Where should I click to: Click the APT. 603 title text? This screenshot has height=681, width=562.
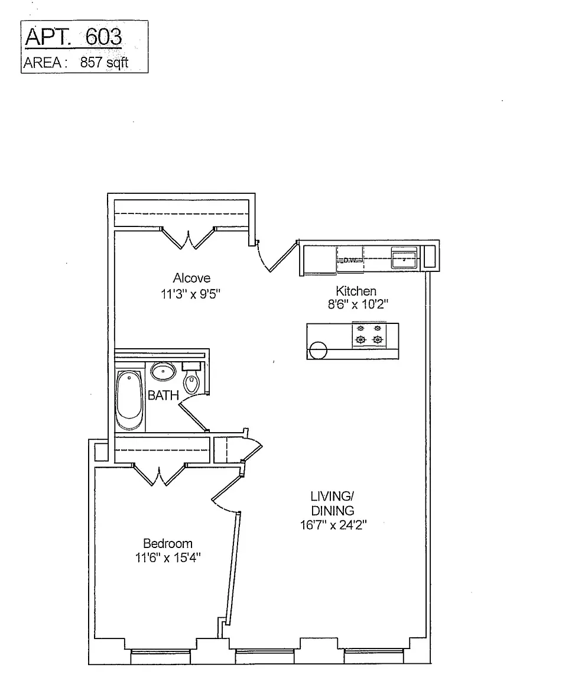73,37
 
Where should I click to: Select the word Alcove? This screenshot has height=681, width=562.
191,278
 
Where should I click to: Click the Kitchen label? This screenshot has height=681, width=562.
356,291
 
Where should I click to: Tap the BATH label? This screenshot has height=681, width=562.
163,395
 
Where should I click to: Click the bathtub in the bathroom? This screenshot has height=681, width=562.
129,401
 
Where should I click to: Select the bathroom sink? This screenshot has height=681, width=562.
163,372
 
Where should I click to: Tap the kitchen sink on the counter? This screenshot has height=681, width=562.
405,258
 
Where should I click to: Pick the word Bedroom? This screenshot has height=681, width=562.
168,543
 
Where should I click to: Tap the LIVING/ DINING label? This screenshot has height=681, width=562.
332,503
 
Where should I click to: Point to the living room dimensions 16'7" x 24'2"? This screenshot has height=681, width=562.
333,525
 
